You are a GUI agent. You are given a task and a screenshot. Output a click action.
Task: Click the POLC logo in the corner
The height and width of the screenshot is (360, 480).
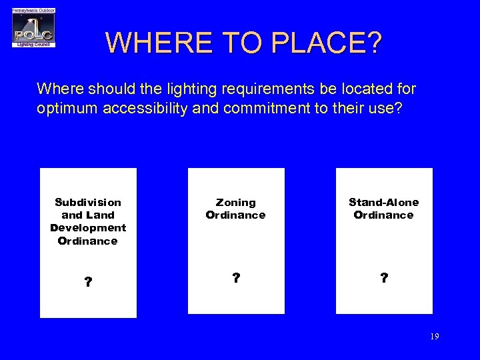tap(33, 28)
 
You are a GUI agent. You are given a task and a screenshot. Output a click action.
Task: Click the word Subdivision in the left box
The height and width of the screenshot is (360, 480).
tap(88, 202)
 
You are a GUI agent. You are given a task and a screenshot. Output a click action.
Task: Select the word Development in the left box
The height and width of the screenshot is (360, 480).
tap(88, 228)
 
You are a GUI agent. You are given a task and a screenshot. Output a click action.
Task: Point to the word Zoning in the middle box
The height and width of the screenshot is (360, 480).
tap(235, 202)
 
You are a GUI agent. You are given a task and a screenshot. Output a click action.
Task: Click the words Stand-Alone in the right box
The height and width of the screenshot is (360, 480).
tap(384, 202)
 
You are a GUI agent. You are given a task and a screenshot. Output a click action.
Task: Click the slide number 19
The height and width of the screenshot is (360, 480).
tap(434, 337)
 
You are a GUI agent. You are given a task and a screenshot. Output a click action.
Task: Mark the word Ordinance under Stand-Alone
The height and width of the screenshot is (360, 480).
tap(383, 215)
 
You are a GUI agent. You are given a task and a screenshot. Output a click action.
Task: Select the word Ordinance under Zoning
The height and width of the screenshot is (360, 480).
tap(235, 215)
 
